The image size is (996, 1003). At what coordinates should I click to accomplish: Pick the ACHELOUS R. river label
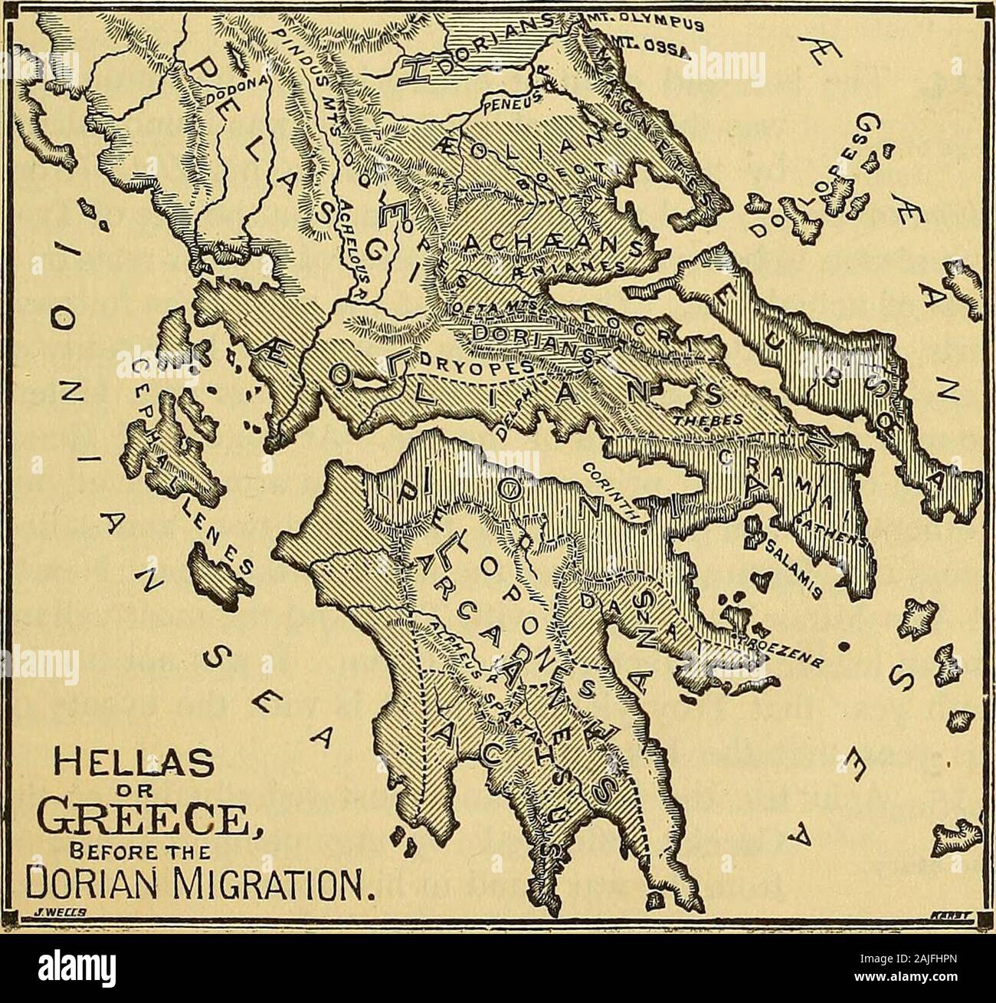point(355,245)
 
